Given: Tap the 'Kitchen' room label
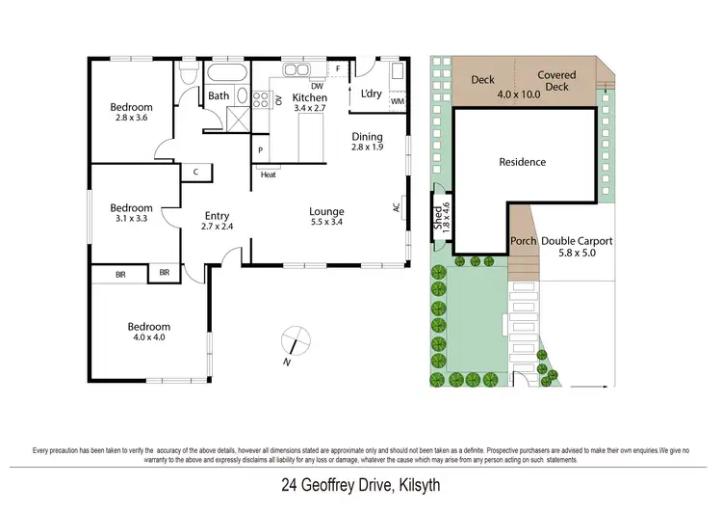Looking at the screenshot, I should [x=310, y=97].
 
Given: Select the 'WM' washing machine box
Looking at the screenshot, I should [x=398, y=101].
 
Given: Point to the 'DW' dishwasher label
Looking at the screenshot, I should [x=317, y=85].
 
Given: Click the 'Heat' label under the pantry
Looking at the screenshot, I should [x=269, y=175].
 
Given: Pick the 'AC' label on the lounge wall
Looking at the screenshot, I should [x=396, y=206].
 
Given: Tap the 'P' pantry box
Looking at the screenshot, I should [x=260, y=151].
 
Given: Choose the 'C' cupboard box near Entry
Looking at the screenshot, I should [x=195, y=172].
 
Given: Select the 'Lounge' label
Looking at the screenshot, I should [x=326, y=211].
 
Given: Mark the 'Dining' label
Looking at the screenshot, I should [x=367, y=136].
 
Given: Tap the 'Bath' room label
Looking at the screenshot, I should [x=219, y=95].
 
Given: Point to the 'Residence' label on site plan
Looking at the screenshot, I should [x=522, y=162].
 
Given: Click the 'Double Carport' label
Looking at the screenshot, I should [x=576, y=241].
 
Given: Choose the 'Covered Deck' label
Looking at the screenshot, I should [x=556, y=81].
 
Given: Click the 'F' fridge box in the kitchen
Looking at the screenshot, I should [x=338, y=69].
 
